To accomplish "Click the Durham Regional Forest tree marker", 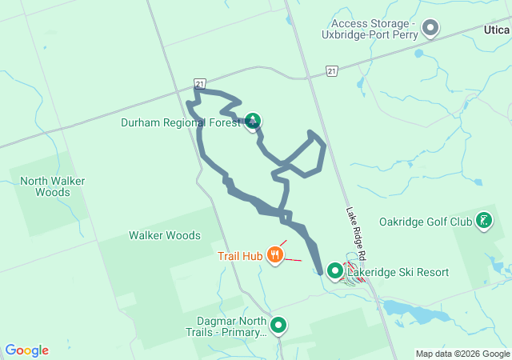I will pyautogui.click(x=253, y=122).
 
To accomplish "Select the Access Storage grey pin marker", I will pyautogui.click(x=430, y=29).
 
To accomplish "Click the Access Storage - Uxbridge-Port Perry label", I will pyautogui.click(x=374, y=30).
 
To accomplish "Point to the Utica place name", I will pyautogui.click(x=498, y=29).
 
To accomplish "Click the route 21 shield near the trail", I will pyautogui.click(x=200, y=83).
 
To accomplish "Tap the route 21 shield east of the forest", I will pyautogui.click(x=332, y=71).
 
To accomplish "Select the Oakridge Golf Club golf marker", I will pyautogui.click(x=484, y=220).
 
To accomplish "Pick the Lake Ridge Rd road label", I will pyautogui.click(x=356, y=233).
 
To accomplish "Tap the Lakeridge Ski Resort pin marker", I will pyautogui.click(x=334, y=271).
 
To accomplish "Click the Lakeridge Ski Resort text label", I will pyautogui.click(x=398, y=272).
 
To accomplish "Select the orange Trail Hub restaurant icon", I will pyautogui.click(x=275, y=255).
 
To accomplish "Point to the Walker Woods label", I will pyautogui.click(x=164, y=235).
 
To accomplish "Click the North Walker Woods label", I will pyautogui.click(x=53, y=186).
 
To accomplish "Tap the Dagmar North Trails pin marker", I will pyautogui.click(x=278, y=325).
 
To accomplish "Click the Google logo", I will pyautogui.click(x=26, y=350).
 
